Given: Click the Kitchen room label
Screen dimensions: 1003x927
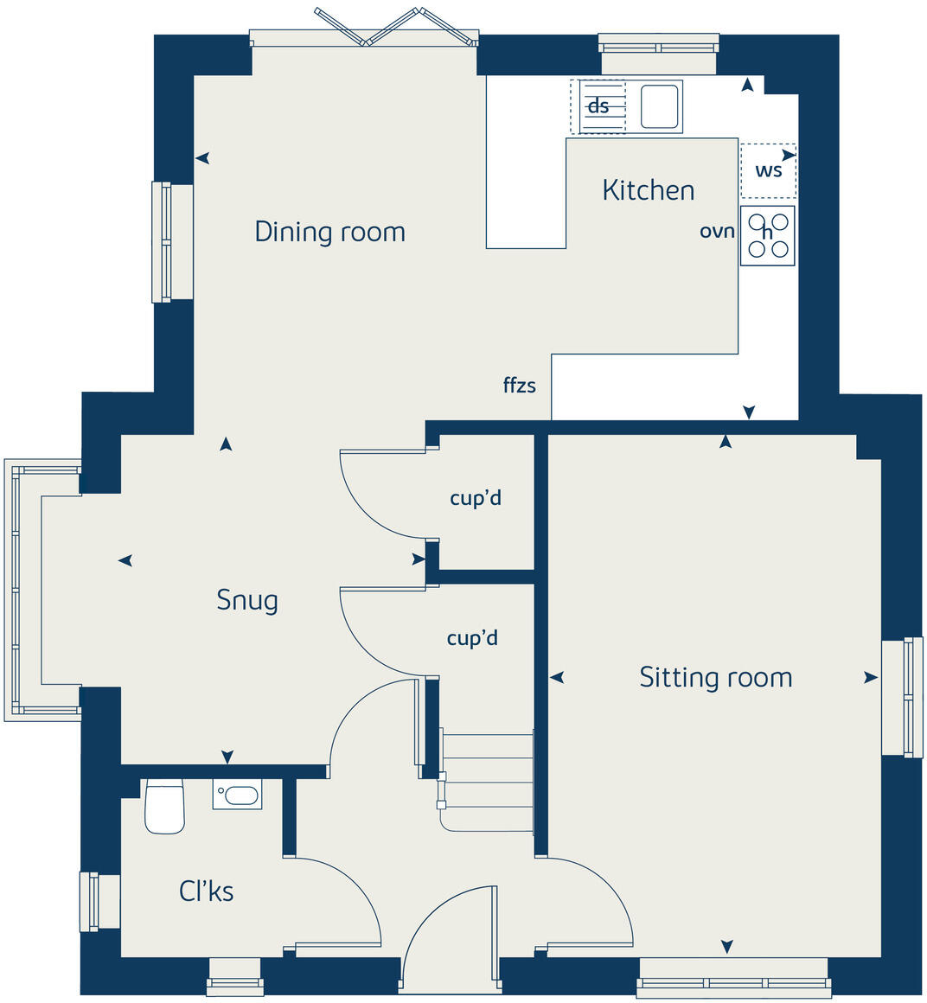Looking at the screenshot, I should (x=648, y=190).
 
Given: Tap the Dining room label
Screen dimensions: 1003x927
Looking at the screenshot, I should (x=329, y=232).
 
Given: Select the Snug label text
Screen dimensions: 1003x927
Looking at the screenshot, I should (x=247, y=600).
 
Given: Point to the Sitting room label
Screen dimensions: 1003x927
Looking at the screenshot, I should (x=715, y=677).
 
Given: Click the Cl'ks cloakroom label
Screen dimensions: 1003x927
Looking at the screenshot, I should (x=206, y=891).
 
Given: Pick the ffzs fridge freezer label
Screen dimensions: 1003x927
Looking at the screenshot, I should (x=519, y=386).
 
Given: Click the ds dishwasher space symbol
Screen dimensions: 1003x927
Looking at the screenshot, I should (x=598, y=106).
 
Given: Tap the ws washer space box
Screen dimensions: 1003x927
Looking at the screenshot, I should (x=768, y=170).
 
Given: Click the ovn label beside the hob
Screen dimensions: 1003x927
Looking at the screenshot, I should (x=717, y=232).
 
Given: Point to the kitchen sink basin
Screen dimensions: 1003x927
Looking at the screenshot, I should (x=660, y=106).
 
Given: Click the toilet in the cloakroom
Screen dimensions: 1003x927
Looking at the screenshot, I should (x=164, y=807).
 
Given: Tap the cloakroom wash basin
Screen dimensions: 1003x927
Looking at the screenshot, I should (x=237, y=795).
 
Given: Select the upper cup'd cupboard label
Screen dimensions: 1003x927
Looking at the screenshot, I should (x=476, y=498).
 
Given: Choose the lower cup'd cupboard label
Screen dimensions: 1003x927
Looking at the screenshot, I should (x=472, y=638).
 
